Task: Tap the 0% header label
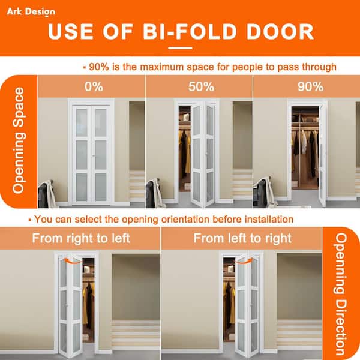coord(94,86)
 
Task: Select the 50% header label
coord(201,86)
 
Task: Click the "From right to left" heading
coord(80,238)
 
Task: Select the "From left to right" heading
coord(242,238)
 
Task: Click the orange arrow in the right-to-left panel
coord(74,261)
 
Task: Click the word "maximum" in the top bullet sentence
coord(157,67)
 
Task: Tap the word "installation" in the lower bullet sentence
coord(263,219)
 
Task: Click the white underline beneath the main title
coord(180,48)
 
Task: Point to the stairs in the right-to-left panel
coord(136,333)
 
